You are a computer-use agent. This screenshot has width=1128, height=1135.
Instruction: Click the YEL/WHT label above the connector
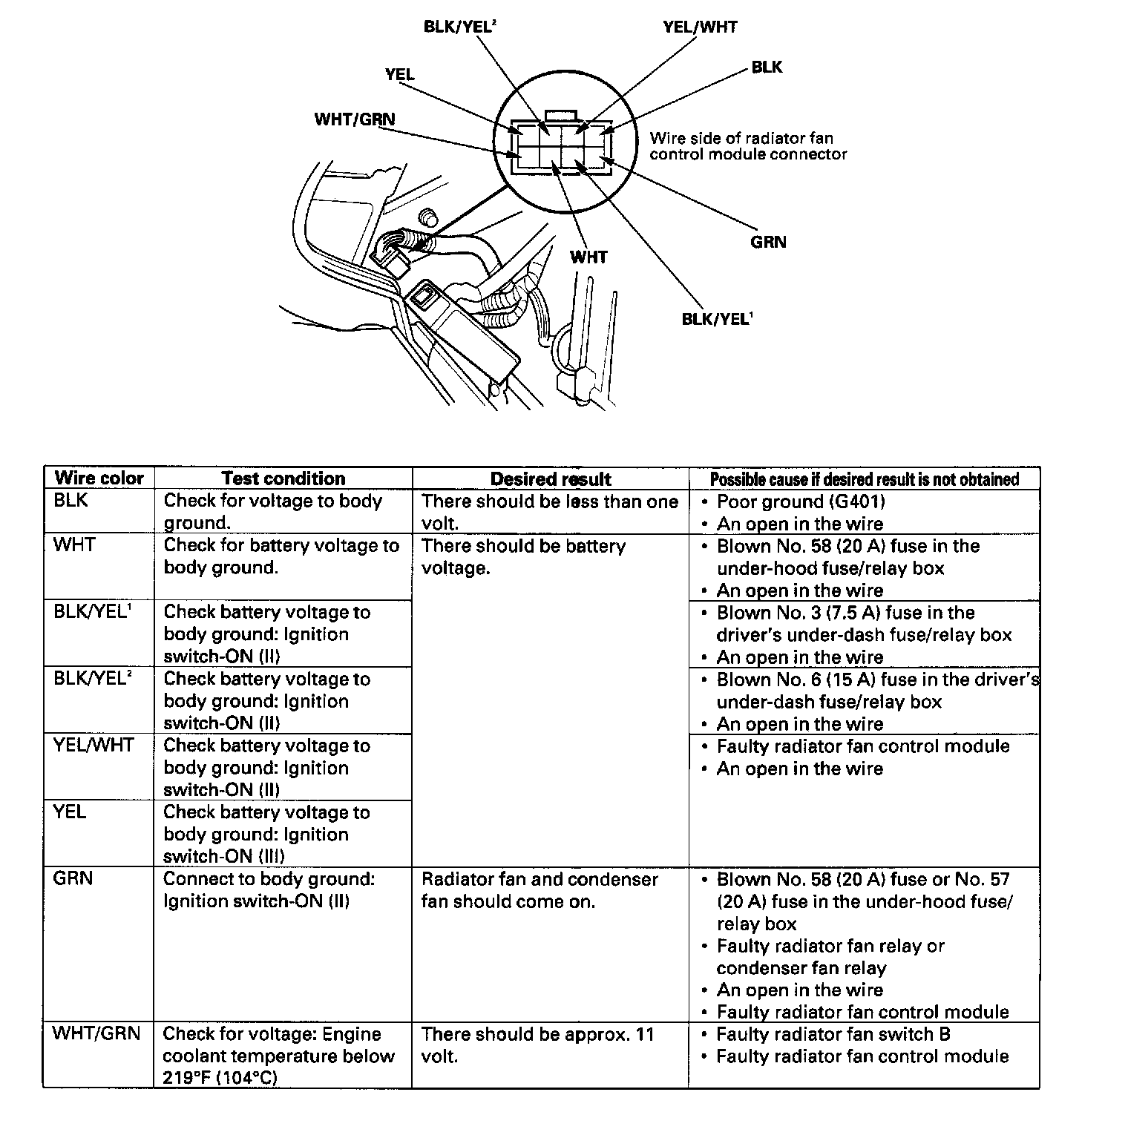coord(700,27)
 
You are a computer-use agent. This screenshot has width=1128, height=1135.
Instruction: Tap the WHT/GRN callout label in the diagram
coord(355,119)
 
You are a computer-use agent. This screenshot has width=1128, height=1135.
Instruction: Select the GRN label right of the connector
coord(768,243)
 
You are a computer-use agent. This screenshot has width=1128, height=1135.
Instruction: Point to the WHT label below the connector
coord(588,257)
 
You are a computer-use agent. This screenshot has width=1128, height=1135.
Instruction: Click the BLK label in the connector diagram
coord(767,68)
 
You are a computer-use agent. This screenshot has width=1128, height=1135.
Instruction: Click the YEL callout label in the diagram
coord(400,75)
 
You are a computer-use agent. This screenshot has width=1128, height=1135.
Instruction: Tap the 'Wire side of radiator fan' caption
coord(741,138)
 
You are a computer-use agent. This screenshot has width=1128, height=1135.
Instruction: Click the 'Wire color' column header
coord(99,478)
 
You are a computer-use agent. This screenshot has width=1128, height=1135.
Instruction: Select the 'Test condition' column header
coord(283,478)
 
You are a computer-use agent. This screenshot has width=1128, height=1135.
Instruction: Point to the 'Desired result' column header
coord(551,479)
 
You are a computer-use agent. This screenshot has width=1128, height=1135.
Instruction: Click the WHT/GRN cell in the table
coord(96,1033)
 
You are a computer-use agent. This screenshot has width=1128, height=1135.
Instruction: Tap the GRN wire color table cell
coord(73,878)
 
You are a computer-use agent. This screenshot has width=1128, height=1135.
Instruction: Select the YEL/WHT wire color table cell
coord(94,746)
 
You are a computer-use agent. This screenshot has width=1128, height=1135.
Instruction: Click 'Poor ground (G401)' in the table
coord(801,501)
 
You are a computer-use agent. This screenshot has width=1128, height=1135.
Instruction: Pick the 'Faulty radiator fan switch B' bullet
coord(833,1034)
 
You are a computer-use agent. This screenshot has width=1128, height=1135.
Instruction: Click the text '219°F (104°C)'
coord(220,1078)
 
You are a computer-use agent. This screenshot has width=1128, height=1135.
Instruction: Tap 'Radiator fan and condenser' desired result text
coord(540,879)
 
